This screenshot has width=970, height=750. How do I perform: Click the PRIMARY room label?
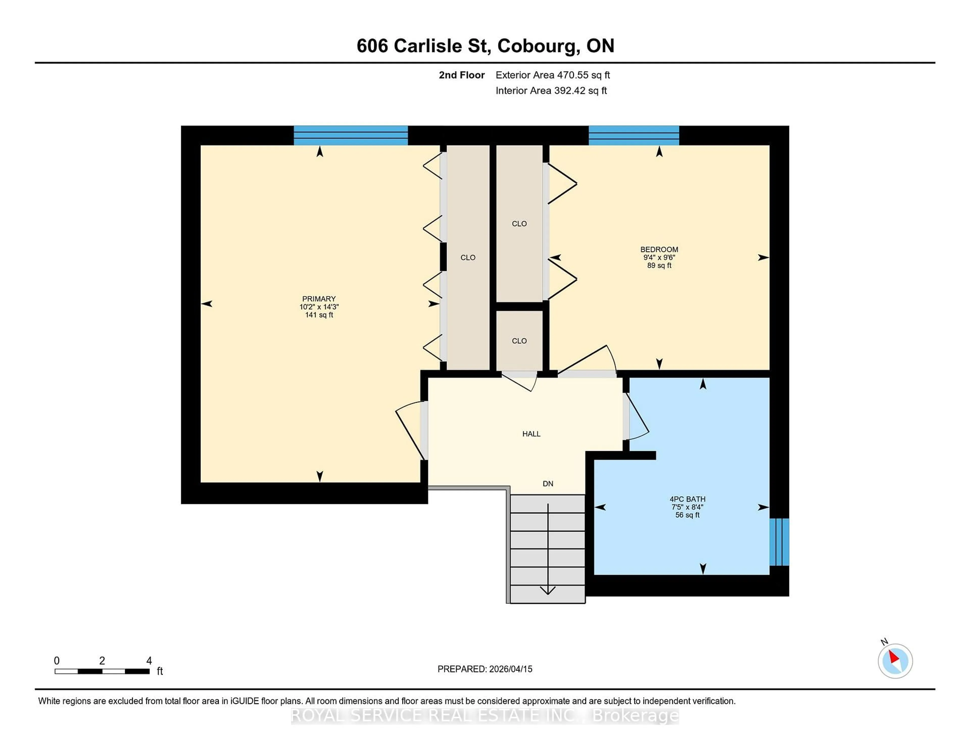(319, 299)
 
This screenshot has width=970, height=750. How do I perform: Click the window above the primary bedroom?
(350, 135)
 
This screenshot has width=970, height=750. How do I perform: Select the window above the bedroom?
(633, 135)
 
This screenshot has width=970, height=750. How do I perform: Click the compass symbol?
(895, 661)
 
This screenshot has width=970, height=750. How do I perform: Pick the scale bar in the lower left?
(102, 671)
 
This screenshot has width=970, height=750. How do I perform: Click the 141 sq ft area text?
(319, 315)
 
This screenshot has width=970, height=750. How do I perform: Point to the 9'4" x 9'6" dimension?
(659, 257)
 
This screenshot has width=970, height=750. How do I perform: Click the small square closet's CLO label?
(519, 341)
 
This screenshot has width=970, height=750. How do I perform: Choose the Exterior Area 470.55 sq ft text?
(552, 75)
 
